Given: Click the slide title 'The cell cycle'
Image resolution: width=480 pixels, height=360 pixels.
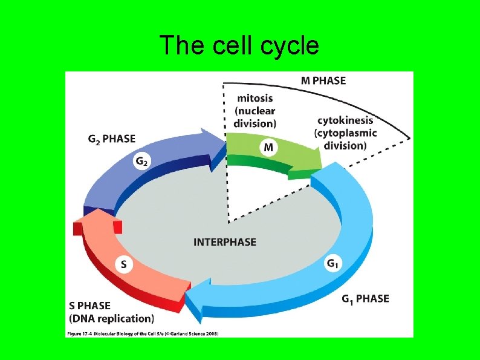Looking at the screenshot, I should click(x=239, y=45).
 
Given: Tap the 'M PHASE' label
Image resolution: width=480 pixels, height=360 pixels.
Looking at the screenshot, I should click(x=323, y=80).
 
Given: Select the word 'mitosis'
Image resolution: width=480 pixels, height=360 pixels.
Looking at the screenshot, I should click(x=255, y=98).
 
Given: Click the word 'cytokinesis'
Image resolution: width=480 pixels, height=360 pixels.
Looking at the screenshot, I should click(x=343, y=120).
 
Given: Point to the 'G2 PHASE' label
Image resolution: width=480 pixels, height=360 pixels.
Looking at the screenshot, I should click(x=111, y=139).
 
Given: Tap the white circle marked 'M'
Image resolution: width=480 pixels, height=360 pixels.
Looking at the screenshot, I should click(x=268, y=147).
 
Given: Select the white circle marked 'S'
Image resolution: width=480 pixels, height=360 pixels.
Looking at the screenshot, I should click(x=124, y=264).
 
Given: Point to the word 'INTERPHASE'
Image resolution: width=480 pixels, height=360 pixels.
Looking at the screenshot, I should click(x=225, y=242).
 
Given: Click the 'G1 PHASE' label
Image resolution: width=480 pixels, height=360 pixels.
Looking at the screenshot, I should click(x=365, y=298).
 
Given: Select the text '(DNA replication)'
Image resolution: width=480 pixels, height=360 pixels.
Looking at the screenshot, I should click(x=111, y=318).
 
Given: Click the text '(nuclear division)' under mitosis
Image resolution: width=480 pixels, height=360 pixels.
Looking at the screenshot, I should click(x=255, y=117).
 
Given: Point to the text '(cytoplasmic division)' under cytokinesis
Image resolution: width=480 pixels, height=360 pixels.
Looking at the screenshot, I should click(x=345, y=139).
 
